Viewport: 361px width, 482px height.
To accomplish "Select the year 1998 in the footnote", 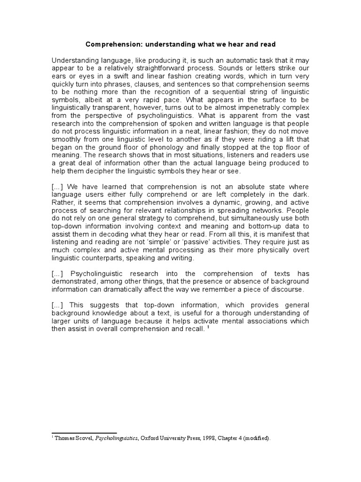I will pyautogui.click(x=214, y=438).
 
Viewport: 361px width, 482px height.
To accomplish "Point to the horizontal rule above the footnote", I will pyautogui.click(x=84, y=433).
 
